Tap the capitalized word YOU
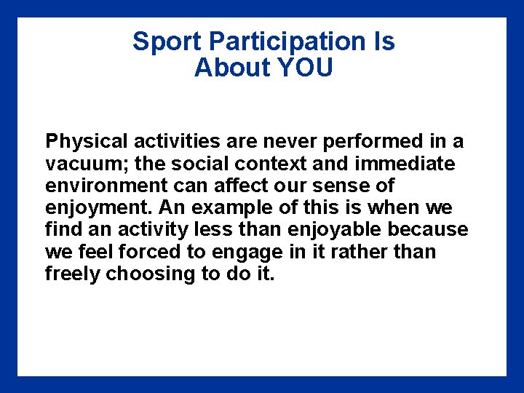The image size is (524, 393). [x=306, y=68]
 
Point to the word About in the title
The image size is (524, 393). [x=232, y=68]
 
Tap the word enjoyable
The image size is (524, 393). [x=334, y=230]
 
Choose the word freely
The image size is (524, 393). [x=72, y=275]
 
